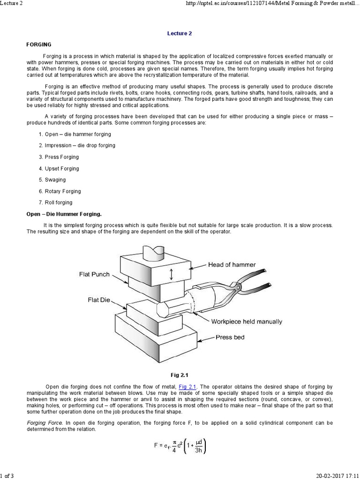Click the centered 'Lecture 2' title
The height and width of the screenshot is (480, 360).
tap(180, 34)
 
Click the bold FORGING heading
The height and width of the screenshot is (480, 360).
tap(38, 45)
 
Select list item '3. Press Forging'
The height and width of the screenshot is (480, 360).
tap(59, 157)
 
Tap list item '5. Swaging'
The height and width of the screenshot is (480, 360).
tap(52, 180)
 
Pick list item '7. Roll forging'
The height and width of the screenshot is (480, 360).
tap(55, 202)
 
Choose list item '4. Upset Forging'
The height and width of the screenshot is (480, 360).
tap(59, 168)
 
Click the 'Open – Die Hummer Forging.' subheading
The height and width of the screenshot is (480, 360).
tap(63, 214)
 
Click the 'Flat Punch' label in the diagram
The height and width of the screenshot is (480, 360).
tap(94, 274)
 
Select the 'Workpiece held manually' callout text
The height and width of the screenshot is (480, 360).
tap(247, 322)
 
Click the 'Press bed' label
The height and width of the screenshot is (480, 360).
tap(230, 337)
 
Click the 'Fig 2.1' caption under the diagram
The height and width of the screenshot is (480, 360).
tap(180, 375)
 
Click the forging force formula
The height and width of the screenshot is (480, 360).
tap(180, 448)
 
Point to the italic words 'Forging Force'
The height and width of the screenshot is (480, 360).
tap(41, 423)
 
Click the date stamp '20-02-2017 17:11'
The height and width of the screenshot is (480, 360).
tap(336, 476)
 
